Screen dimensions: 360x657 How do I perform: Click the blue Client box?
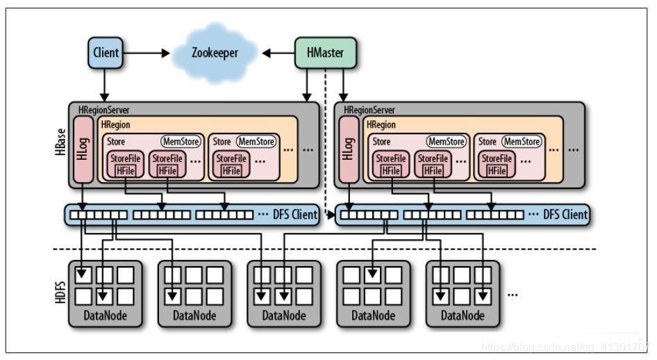106,53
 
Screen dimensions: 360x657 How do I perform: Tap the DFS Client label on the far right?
564,215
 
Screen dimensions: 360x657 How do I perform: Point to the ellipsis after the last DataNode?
513,294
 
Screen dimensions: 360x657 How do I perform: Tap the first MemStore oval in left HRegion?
181,142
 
